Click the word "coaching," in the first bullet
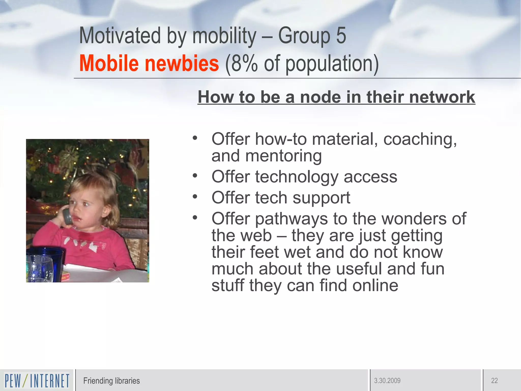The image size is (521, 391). [x=420, y=139]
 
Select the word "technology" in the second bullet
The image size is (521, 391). [x=297, y=177]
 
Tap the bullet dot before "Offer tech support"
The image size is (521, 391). [x=195, y=197]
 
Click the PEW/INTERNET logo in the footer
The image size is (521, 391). [x=37, y=381]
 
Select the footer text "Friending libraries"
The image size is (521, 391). [x=111, y=381]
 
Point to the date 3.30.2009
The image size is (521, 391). [x=387, y=381]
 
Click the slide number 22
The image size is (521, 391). [x=494, y=381]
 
